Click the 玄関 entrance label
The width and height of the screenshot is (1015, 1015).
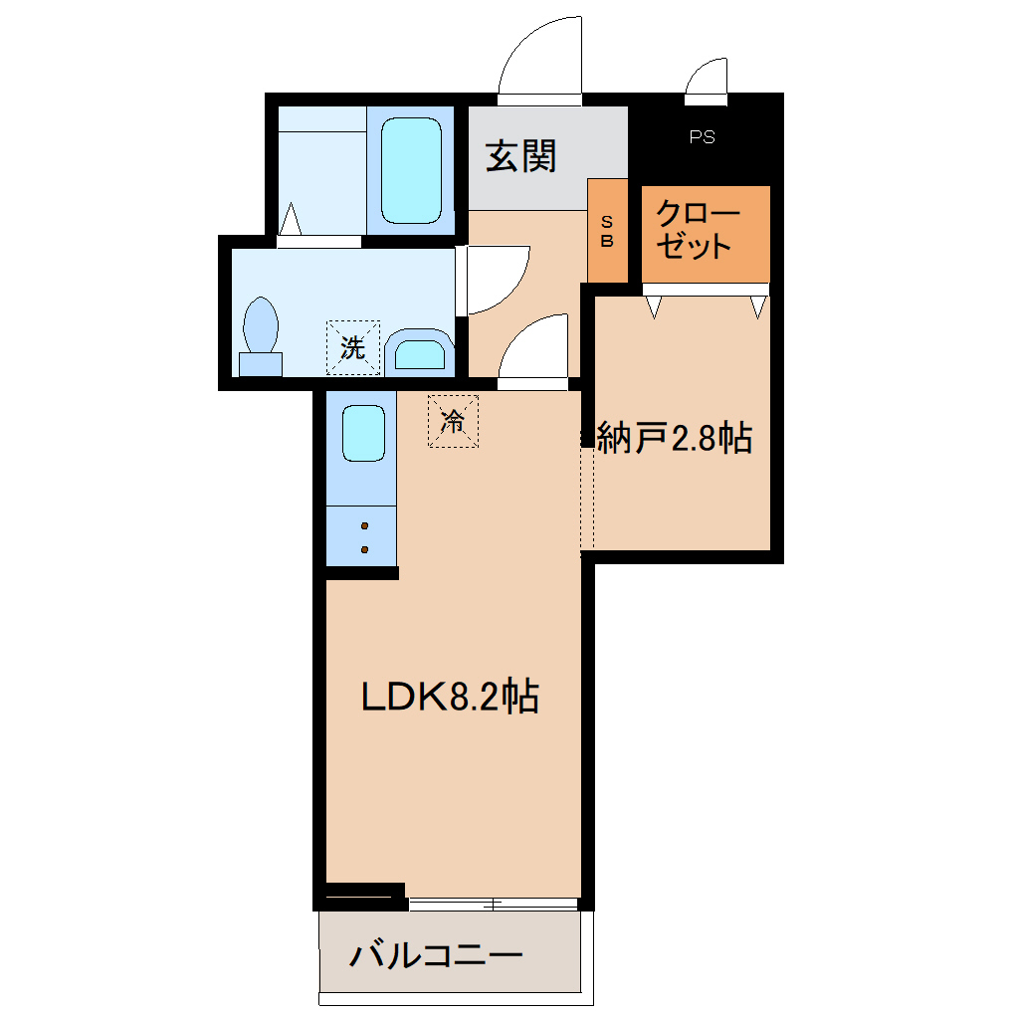(520, 156)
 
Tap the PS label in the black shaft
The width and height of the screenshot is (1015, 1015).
(702, 137)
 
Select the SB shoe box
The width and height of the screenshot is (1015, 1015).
(607, 231)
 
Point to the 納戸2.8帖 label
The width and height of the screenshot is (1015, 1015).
(674, 438)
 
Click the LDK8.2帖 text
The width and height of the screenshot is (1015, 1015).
(450, 697)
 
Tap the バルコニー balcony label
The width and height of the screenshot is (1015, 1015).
(435, 957)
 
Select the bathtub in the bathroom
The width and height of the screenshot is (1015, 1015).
(411, 171)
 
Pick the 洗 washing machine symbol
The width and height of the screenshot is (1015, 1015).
(353, 347)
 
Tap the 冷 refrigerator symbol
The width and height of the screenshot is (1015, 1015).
(453, 421)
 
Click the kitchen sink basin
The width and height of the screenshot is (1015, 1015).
(362, 433)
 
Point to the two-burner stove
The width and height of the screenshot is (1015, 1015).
(363, 537)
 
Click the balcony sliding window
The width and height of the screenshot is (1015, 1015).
(494, 904)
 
